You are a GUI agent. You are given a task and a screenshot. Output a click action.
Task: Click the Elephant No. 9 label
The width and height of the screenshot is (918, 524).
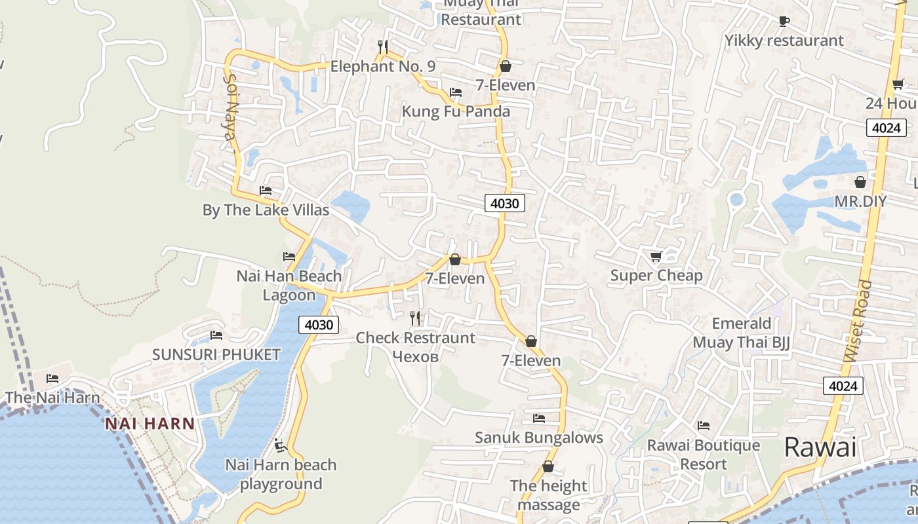click(382, 66)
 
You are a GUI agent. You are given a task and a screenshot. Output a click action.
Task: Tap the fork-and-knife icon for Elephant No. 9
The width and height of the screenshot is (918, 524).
click(384, 47)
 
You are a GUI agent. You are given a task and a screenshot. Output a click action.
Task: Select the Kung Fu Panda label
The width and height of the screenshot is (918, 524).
click(456, 111)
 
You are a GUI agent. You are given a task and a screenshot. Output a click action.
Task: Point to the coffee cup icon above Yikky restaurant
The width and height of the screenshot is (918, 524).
click(784, 21)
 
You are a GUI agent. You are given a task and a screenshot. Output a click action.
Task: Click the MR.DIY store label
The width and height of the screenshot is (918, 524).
click(860, 201)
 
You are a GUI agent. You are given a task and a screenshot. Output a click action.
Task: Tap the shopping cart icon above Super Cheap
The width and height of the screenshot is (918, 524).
click(656, 256)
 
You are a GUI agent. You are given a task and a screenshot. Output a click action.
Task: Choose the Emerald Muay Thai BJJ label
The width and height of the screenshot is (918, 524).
click(742, 333)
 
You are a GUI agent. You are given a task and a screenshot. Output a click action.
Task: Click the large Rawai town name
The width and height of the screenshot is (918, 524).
click(820, 448)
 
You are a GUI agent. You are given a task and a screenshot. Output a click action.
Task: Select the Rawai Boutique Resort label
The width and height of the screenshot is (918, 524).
click(704, 455)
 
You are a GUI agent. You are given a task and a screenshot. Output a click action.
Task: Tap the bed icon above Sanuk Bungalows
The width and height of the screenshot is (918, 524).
click(539, 418)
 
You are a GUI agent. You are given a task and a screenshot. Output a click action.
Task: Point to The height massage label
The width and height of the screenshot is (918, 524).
click(548, 495)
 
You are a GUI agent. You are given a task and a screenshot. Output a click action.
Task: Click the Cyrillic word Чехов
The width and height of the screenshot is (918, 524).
click(414, 356)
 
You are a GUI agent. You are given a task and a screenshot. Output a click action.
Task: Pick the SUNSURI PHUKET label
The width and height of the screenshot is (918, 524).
click(216, 355)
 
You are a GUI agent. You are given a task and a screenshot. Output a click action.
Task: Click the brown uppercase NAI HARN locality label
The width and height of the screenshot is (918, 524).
click(150, 424)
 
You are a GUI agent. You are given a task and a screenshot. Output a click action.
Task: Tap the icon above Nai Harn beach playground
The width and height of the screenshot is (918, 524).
click(281, 445)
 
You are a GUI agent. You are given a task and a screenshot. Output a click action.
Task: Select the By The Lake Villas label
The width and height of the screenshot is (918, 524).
click(266, 210)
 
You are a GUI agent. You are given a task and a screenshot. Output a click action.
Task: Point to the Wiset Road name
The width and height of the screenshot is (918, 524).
click(858, 321)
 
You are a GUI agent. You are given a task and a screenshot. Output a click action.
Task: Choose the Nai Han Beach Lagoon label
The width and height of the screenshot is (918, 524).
click(289, 286)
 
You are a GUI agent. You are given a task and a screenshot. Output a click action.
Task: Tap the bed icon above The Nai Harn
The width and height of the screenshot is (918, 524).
click(52, 379)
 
